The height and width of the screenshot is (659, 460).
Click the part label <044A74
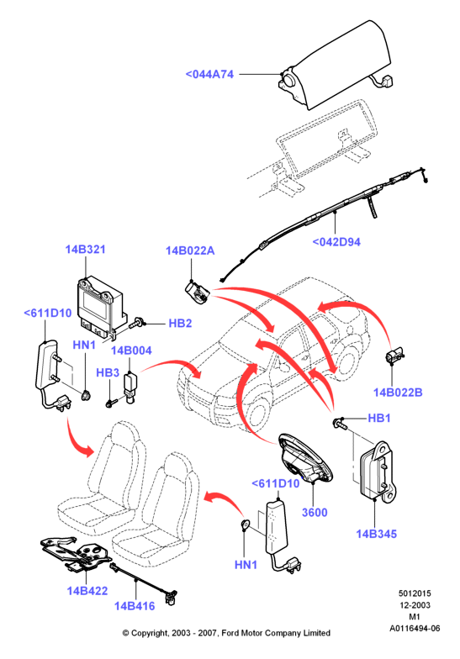point(209,74)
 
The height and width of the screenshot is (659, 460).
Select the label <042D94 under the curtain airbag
point(336,242)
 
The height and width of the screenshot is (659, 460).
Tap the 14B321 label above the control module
point(86,249)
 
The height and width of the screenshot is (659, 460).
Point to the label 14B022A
point(190,250)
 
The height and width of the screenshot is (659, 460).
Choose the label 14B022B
point(398,392)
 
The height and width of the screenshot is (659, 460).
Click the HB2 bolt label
point(180,323)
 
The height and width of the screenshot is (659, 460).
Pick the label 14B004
point(131,351)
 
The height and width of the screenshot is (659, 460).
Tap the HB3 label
point(108,373)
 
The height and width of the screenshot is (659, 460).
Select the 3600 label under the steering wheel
point(315,513)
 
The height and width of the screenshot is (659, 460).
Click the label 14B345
point(377,534)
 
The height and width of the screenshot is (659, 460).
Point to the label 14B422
point(87,590)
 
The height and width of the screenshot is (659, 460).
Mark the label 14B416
point(135,605)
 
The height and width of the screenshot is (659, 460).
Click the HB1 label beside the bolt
point(378,419)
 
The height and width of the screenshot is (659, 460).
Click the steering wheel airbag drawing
point(305,459)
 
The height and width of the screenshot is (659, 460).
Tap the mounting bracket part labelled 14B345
point(378,472)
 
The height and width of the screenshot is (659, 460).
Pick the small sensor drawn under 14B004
point(131,387)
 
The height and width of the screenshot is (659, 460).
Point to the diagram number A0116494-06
point(415,629)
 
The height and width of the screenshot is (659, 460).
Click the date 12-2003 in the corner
point(415,605)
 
